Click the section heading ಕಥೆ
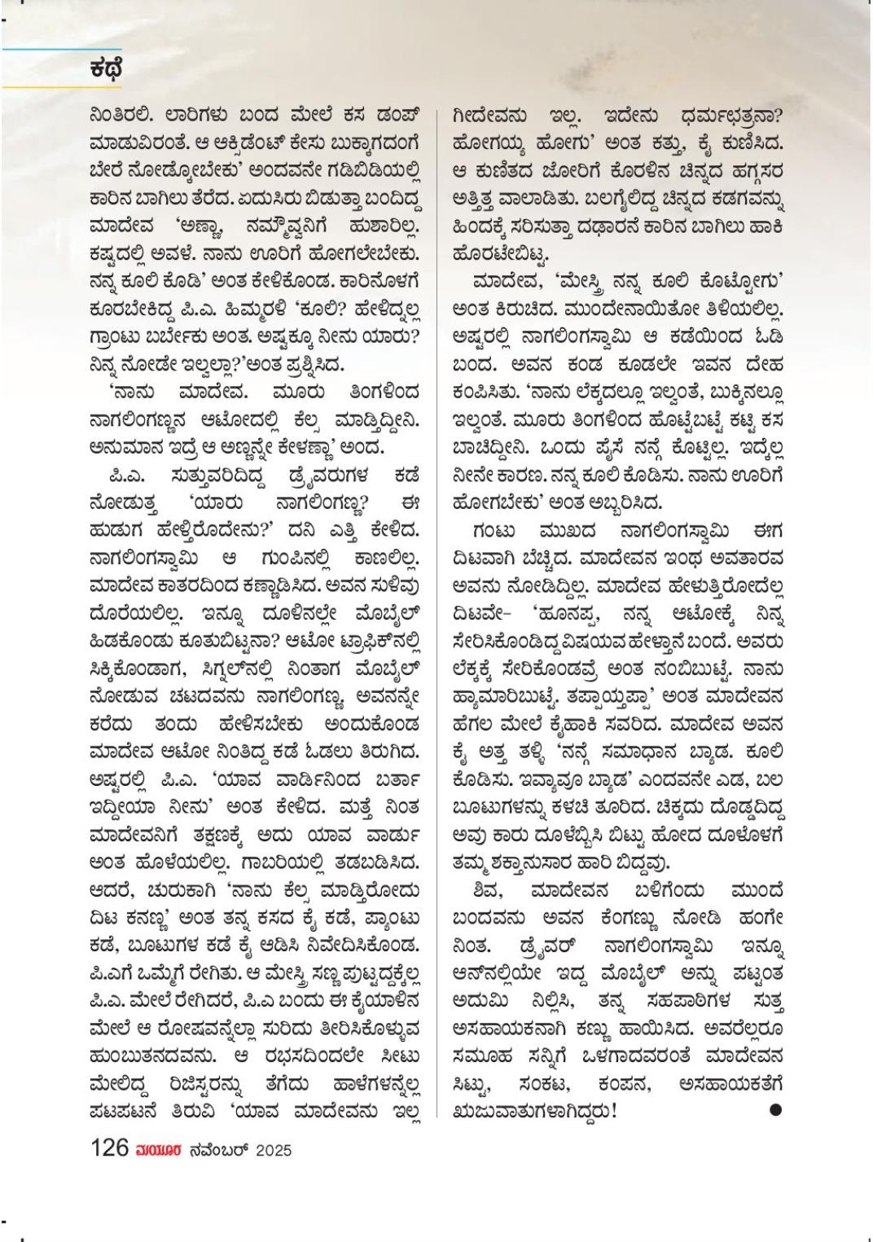[x=106, y=70]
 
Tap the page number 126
[x=110, y=1148]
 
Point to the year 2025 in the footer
[x=273, y=1151]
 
